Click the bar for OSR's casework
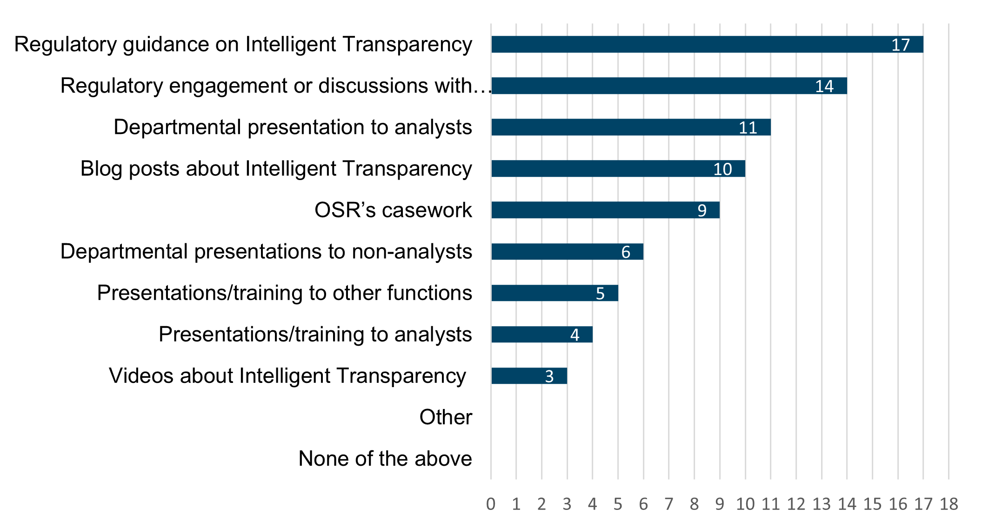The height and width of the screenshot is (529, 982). [605, 210]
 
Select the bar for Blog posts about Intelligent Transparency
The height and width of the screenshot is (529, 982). [618, 168]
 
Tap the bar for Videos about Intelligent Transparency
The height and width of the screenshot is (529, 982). [529, 376]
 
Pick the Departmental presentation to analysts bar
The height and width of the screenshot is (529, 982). [630, 127]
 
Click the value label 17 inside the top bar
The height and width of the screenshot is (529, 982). [901, 45]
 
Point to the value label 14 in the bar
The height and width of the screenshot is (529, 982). [824, 86]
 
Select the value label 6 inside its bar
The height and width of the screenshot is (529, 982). [626, 252]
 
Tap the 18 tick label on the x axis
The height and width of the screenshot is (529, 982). [949, 504]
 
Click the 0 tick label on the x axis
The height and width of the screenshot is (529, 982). [491, 504]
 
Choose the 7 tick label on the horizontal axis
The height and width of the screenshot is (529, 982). [669, 504]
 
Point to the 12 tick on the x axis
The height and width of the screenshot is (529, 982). [796, 504]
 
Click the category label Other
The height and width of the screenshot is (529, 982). [446, 417]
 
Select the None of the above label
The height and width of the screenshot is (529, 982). [385, 459]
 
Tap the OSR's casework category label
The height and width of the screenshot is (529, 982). [393, 210]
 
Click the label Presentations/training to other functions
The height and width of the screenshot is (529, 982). [284, 293]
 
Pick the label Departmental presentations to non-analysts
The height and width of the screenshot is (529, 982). [266, 252]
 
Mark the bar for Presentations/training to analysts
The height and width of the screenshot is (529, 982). [542, 335]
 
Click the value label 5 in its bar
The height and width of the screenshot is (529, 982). [600, 294]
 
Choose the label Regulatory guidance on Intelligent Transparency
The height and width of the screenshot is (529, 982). [243, 45]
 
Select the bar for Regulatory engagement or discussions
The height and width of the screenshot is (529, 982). [668, 86]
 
